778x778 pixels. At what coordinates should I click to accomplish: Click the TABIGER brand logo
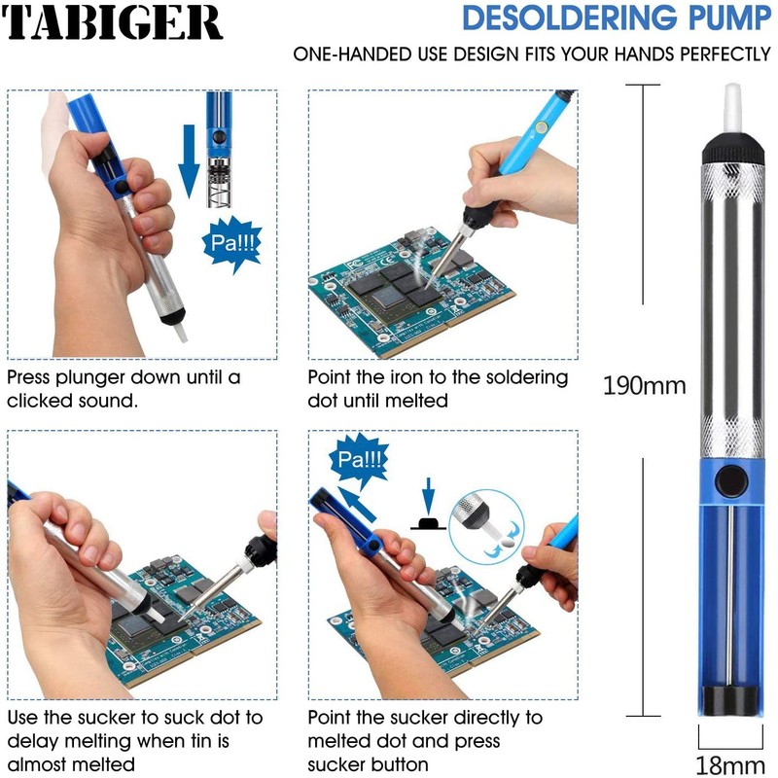[x=111, y=22]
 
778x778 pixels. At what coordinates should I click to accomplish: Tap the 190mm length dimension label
[x=644, y=385]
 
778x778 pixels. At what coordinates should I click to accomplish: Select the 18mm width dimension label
[x=730, y=764]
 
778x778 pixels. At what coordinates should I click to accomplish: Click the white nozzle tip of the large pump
[x=732, y=108]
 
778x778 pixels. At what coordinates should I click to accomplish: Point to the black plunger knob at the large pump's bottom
[x=732, y=700]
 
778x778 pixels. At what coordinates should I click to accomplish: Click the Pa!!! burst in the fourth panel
[x=359, y=460]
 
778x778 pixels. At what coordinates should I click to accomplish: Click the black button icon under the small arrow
[x=428, y=524]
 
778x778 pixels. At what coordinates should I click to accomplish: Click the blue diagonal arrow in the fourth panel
[x=356, y=504]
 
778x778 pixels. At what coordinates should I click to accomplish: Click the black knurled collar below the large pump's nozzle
[x=733, y=147]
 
